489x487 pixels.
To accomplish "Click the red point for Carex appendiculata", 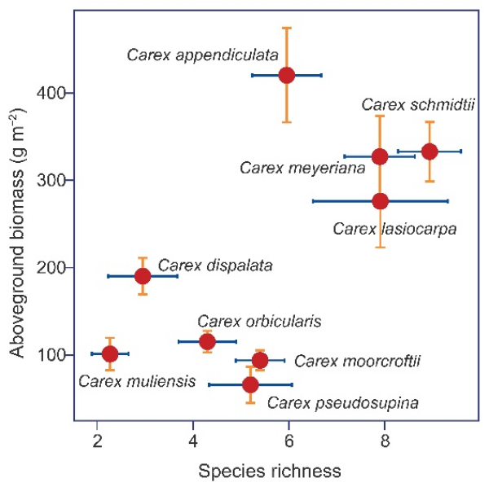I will tap(287, 75).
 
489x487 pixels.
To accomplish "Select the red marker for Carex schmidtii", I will tap(430, 151).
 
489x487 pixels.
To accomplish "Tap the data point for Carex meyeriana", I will tap(380, 156).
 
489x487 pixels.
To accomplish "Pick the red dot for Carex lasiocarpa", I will tap(380, 200).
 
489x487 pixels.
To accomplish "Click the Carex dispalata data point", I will tap(143, 276).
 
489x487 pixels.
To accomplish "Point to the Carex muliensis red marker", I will tap(110, 353).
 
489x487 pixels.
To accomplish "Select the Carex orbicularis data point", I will tap(207, 341).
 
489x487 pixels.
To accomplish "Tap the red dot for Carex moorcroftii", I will tap(260, 360).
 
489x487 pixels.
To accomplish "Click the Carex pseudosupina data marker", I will tap(250, 384).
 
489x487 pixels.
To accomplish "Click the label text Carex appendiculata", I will tap(203, 55).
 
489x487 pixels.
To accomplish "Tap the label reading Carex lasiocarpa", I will tap(394, 228).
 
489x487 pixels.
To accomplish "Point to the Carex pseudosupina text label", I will tap(343, 401).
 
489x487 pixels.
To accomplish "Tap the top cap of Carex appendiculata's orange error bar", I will tap(287, 28).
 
